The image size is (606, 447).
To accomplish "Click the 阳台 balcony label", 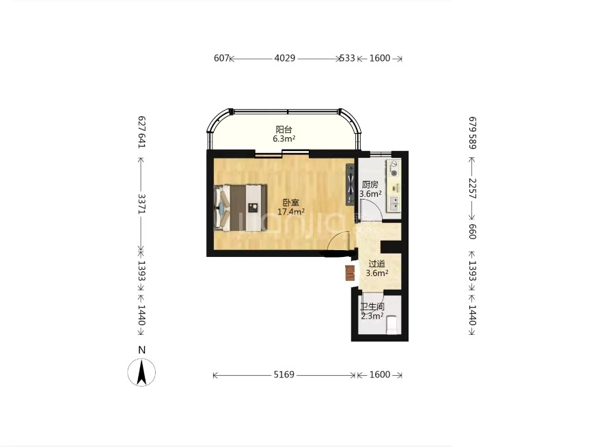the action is pyautogui.click(x=284, y=130).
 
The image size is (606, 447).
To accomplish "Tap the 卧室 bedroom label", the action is pyautogui.click(x=291, y=202).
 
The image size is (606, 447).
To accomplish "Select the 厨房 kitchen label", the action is pyautogui.click(x=370, y=185).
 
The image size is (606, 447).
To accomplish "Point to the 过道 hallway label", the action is pyautogui.click(x=376, y=264).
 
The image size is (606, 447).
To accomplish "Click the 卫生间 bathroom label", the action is pyautogui.click(x=372, y=307).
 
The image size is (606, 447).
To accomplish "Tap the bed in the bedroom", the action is pyautogui.click(x=240, y=208).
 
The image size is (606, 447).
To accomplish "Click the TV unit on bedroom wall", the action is pyautogui.click(x=350, y=184).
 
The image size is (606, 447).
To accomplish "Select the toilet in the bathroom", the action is pyautogui.click(x=392, y=325).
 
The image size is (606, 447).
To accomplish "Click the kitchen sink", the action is pyautogui.click(x=394, y=204).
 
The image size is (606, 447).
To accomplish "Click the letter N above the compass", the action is pyautogui.click(x=142, y=351).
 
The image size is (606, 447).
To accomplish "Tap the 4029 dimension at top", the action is pyautogui.click(x=285, y=58).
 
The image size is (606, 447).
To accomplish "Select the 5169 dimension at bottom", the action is pyautogui.click(x=284, y=375).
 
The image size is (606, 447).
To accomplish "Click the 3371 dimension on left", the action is pyautogui.click(x=142, y=204).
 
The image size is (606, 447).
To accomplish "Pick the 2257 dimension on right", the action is pyautogui.click(x=472, y=189).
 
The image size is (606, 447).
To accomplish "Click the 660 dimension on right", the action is pyautogui.click(x=472, y=232).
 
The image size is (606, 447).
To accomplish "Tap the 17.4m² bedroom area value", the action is pyautogui.click(x=291, y=212).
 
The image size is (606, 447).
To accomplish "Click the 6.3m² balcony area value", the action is pyautogui.click(x=284, y=139).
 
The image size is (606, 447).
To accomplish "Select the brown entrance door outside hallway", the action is pyautogui.click(x=350, y=273).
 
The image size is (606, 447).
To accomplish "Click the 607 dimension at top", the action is pyautogui.click(x=221, y=58).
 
